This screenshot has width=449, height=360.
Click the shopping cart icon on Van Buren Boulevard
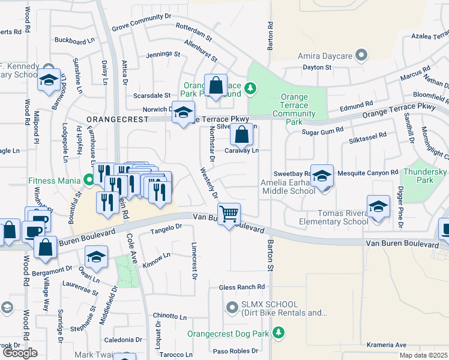229,214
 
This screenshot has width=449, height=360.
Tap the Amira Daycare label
325,56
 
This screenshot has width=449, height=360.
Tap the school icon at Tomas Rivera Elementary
378,208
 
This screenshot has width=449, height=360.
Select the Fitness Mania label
53,179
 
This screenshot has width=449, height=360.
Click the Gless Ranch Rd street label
242,287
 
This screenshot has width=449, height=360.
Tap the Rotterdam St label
190,27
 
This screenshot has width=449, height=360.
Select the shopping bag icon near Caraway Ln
241,136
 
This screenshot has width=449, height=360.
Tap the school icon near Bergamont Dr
96,259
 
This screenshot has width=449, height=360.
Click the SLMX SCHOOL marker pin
232,308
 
